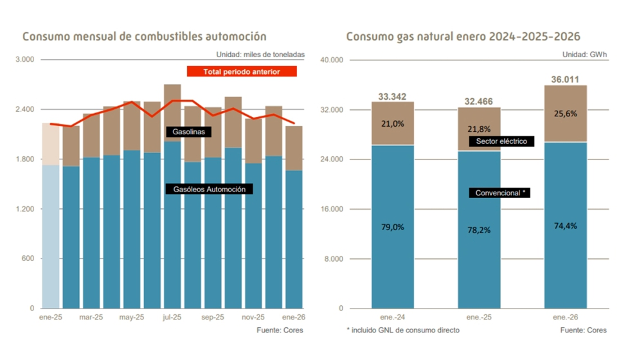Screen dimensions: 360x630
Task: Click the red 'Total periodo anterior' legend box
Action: [x=242, y=71]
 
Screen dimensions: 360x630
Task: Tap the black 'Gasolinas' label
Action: [x=188, y=132]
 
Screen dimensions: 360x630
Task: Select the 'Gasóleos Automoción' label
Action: [x=209, y=189]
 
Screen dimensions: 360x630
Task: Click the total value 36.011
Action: [x=566, y=80]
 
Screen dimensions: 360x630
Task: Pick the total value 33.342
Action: [x=392, y=97]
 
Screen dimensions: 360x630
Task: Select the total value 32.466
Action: [x=479, y=102]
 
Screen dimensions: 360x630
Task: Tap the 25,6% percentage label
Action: [x=566, y=113]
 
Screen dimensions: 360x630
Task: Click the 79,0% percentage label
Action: [x=392, y=227]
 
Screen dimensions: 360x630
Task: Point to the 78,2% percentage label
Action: [x=479, y=230]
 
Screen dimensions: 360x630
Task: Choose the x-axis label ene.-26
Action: [x=566, y=317]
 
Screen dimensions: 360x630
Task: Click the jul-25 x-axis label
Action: [x=172, y=317]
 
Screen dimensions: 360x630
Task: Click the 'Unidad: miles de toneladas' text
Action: [x=260, y=55]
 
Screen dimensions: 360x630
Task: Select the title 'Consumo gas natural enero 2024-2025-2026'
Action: [x=463, y=37]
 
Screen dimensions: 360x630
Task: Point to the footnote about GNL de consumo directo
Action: [x=403, y=330]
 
